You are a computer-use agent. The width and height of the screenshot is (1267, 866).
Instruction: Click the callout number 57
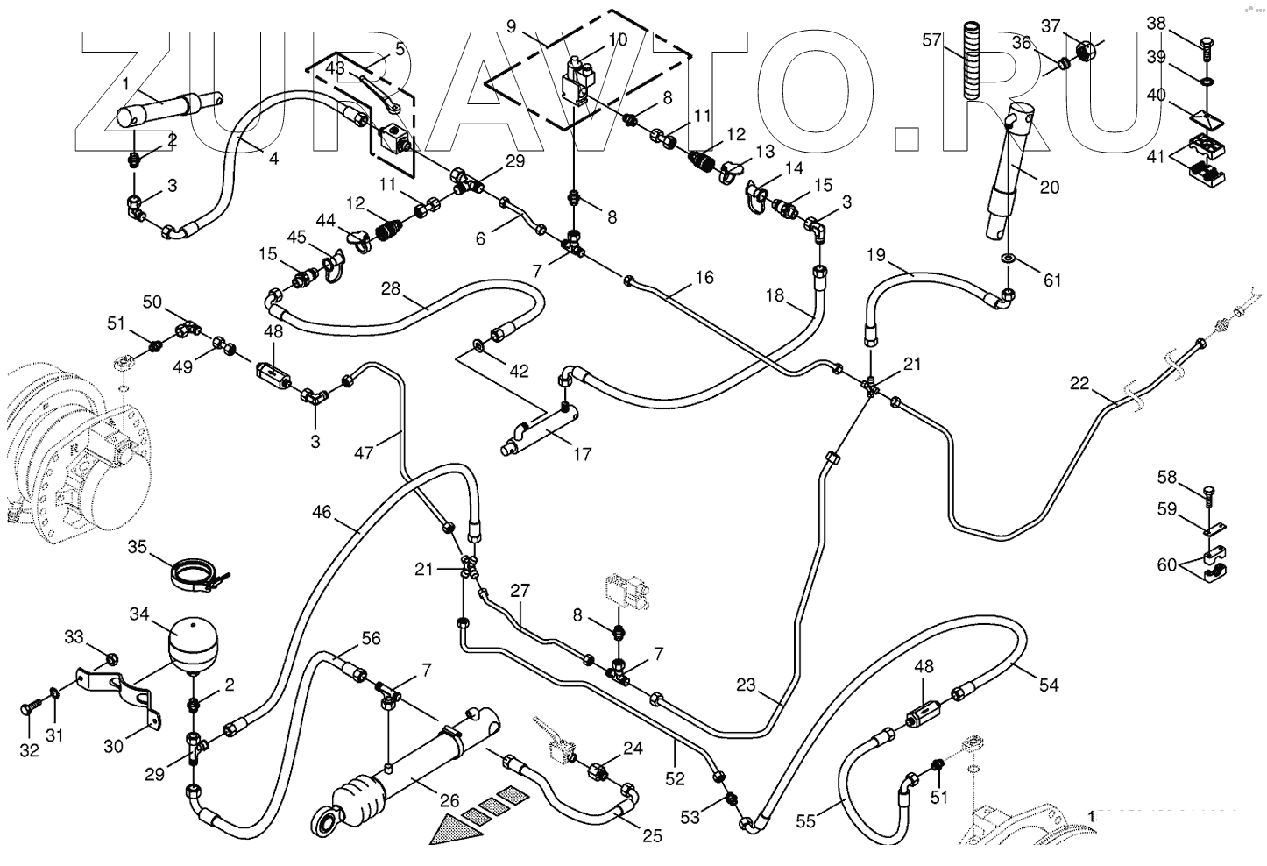(931, 40)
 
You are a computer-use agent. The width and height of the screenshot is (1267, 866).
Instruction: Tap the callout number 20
(1050, 187)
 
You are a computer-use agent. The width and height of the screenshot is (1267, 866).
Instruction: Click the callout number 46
(322, 511)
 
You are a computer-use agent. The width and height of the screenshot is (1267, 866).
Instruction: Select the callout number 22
(1079, 383)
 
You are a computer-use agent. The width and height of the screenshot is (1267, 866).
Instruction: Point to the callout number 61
(1051, 280)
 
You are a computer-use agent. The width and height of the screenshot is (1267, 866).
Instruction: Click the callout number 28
(390, 288)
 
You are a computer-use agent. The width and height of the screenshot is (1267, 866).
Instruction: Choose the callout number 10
(618, 39)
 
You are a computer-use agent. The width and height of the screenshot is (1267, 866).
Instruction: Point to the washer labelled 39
(1207, 82)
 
